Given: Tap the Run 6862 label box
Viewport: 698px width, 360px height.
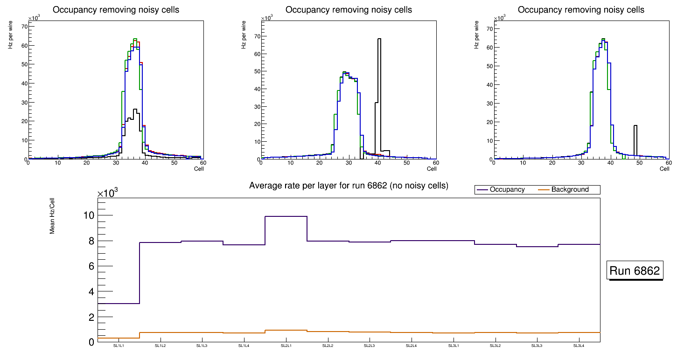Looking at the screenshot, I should [635, 271].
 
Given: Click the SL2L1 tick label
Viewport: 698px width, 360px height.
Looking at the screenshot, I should [286, 346].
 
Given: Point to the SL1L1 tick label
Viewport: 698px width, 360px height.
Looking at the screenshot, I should [119, 346].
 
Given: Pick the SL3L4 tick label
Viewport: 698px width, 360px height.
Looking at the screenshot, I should [579, 346].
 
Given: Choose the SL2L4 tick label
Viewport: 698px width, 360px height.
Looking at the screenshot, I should [411, 346].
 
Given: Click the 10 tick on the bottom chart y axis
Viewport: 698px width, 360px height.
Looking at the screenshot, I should [88, 215].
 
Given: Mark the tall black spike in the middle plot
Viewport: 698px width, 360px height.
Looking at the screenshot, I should [379, 70].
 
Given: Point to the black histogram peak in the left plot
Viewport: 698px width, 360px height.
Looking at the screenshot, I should [135, 110].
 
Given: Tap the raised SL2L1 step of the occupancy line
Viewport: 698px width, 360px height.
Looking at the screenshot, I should [286, 216].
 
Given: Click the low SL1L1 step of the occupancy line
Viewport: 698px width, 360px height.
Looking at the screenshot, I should [119, 304].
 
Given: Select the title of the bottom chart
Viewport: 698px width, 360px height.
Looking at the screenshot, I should [349, 186].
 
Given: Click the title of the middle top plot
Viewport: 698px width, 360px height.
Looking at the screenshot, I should [349, 9].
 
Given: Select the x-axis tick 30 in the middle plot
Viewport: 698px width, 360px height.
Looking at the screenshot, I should [349, 163].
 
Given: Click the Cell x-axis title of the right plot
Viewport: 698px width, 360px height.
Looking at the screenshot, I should [664, 169].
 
